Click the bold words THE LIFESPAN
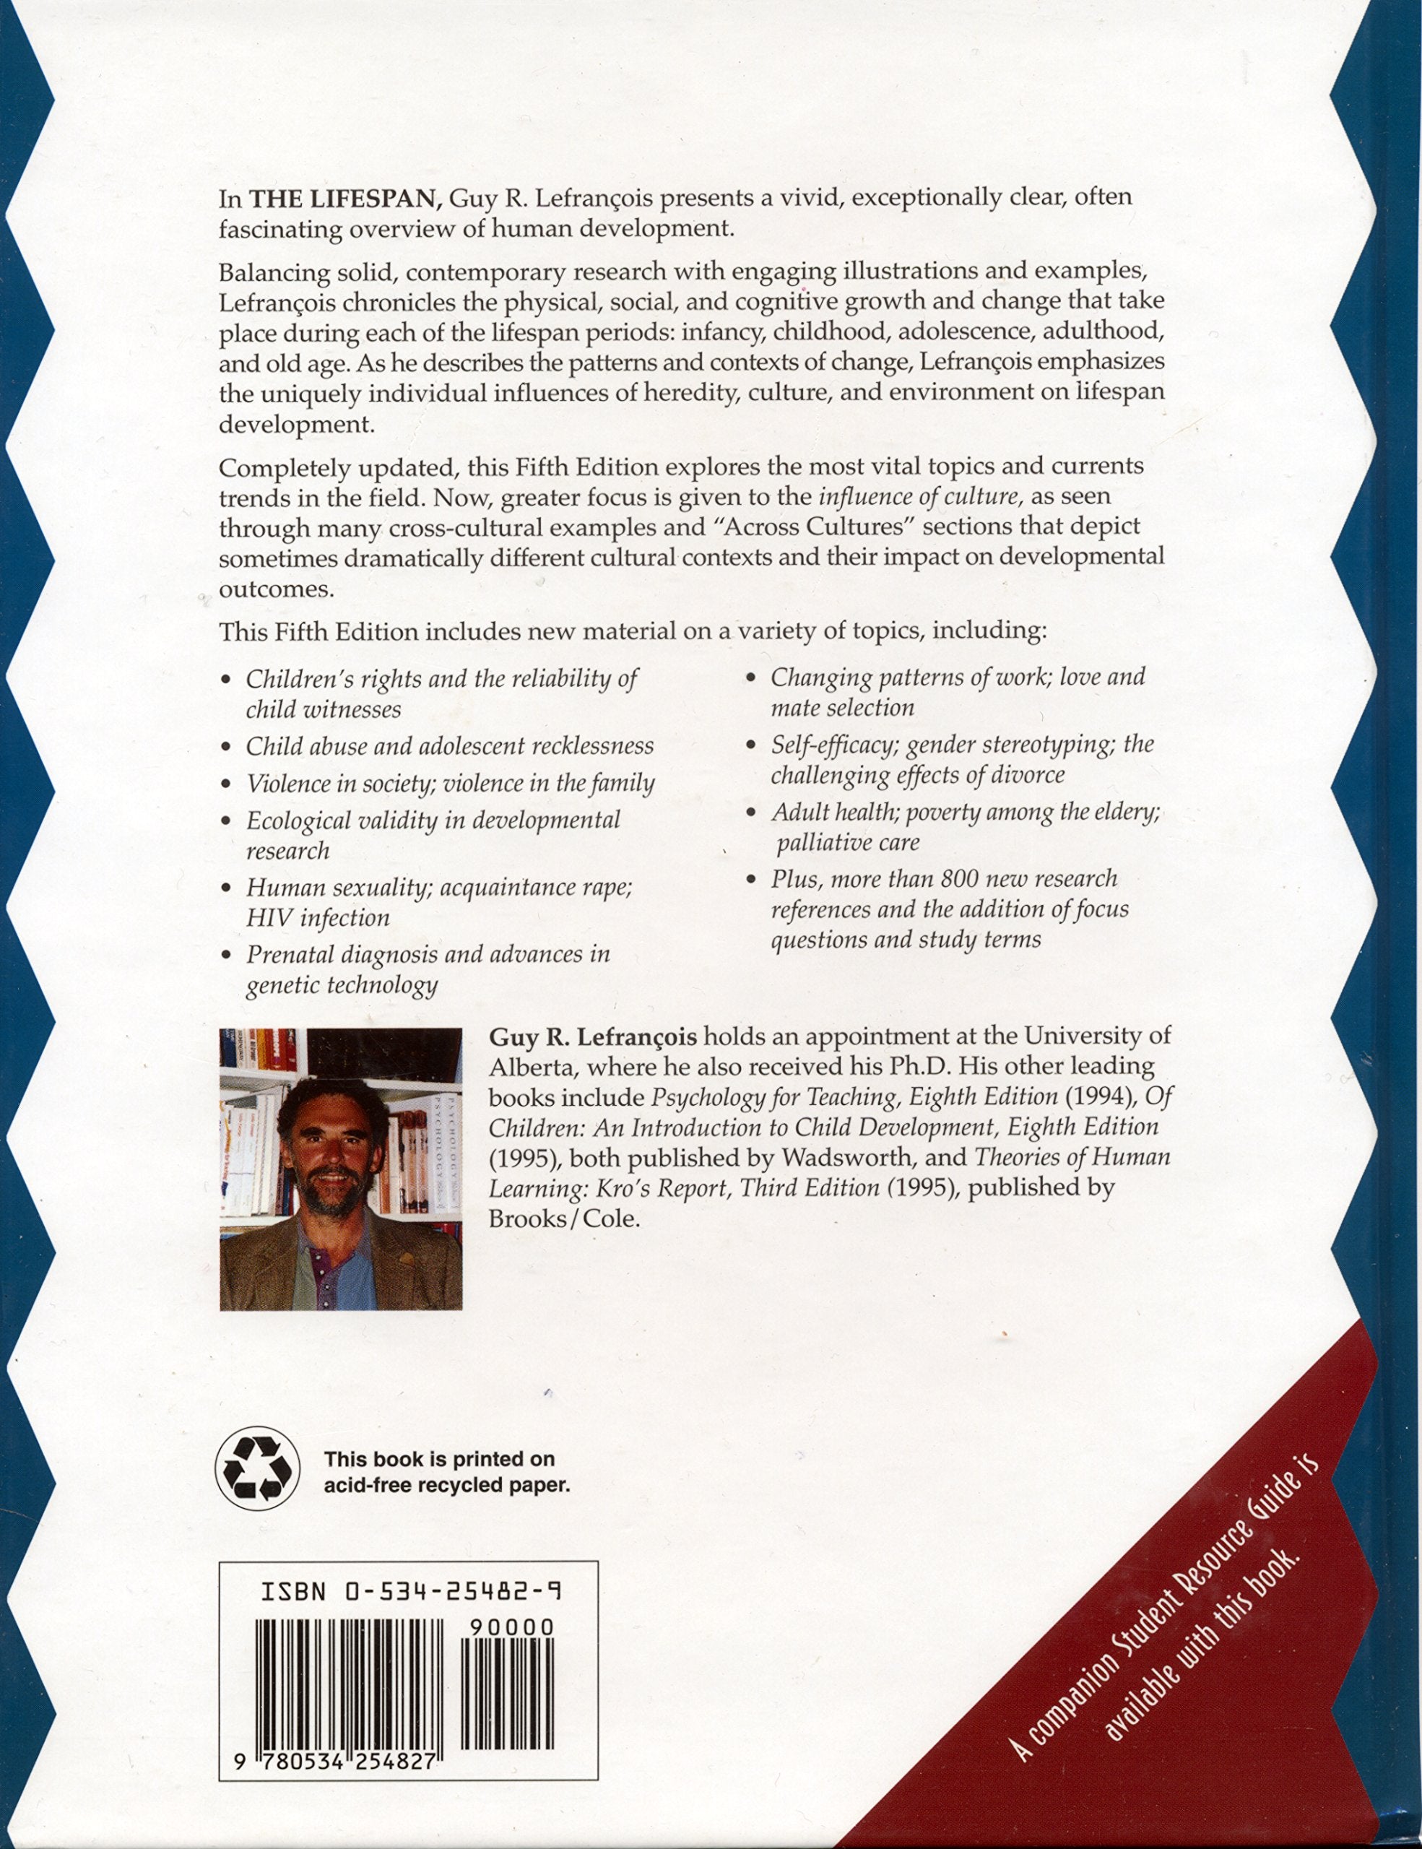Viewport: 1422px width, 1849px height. (344, 198)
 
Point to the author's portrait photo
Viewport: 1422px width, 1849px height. (340, 1169)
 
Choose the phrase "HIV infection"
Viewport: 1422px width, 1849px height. (318, 919)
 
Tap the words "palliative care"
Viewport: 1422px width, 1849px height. (848, 843)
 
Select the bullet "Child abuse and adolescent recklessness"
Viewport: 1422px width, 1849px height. (449, 747)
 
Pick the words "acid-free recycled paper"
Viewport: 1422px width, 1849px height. (447, 1485)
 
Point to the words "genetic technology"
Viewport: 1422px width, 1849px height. (342, 985)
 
